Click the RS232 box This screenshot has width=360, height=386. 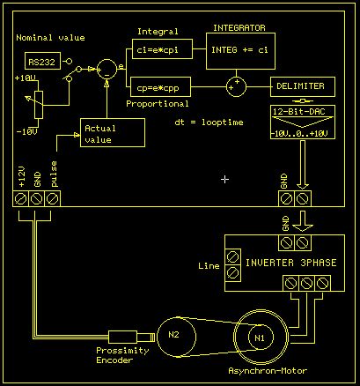pos(40,62)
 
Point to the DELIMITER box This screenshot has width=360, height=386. pos(302,87)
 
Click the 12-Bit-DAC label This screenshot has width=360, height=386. pos(301,112)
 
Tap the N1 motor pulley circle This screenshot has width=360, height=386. pos(259,338)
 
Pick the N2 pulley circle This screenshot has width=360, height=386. pos(173,334)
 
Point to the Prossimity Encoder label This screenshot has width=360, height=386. pos(122,355)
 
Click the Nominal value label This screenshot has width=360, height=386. pos(50,38)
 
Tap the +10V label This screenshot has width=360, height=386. pos(26,78)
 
